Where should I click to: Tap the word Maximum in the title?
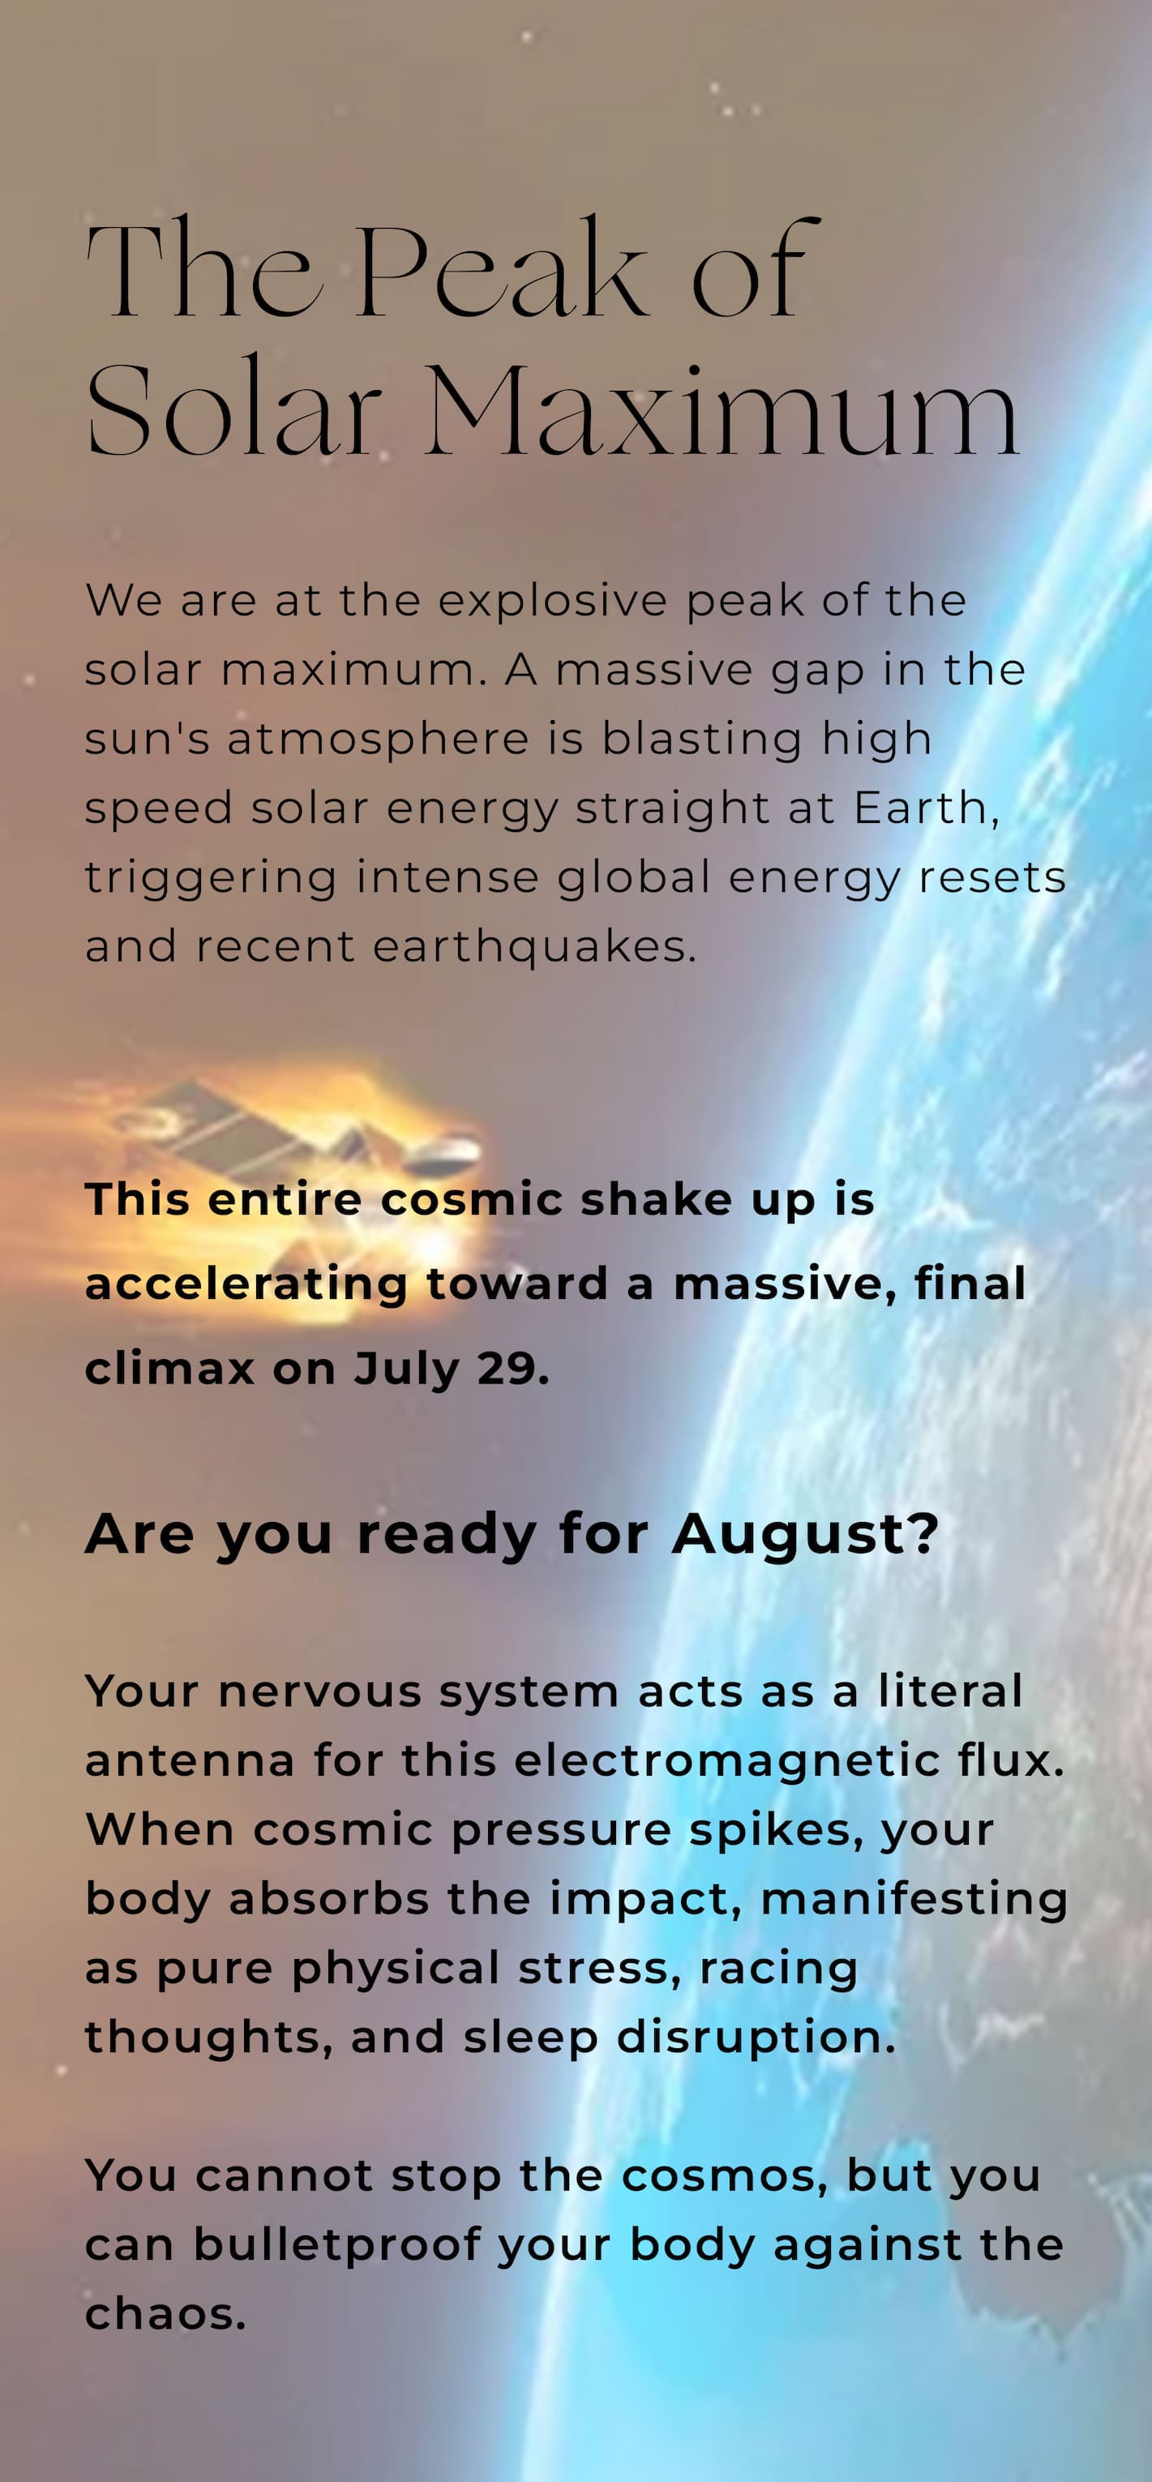(721, 409)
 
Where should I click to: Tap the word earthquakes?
(534, 947)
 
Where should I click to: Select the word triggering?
(211, 879)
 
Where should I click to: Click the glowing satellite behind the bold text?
(289, 1156)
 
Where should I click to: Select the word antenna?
(190, 1761)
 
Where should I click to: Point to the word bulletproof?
(336, 2246)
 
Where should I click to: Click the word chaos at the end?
(165, 2314)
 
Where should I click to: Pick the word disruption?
(756, 2038)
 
